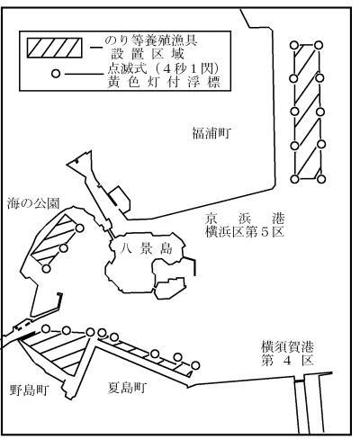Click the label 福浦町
tap(211, 133)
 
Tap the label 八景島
tap(146, 248)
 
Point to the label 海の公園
tap(33, 203)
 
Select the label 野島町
tap(29, 390)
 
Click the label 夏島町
tap(127, 388)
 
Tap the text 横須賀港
tap(287, 347)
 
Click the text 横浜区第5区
tap(245, 232)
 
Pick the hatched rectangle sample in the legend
tap(55, 48)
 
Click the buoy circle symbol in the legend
tap(56, 74)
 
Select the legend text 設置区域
tap(148, 54)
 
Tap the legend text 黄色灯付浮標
tap(164, 82)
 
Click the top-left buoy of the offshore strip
tap(294, 45)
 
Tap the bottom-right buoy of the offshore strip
tap(321, 179)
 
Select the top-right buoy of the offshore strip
tap(319, 45)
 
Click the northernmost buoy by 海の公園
tap(79, 228)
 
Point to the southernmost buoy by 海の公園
tap(46, 269)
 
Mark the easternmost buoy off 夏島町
tap(195, 365)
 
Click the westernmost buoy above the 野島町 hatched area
tap(46, 328)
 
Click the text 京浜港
tap(245, 219)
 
